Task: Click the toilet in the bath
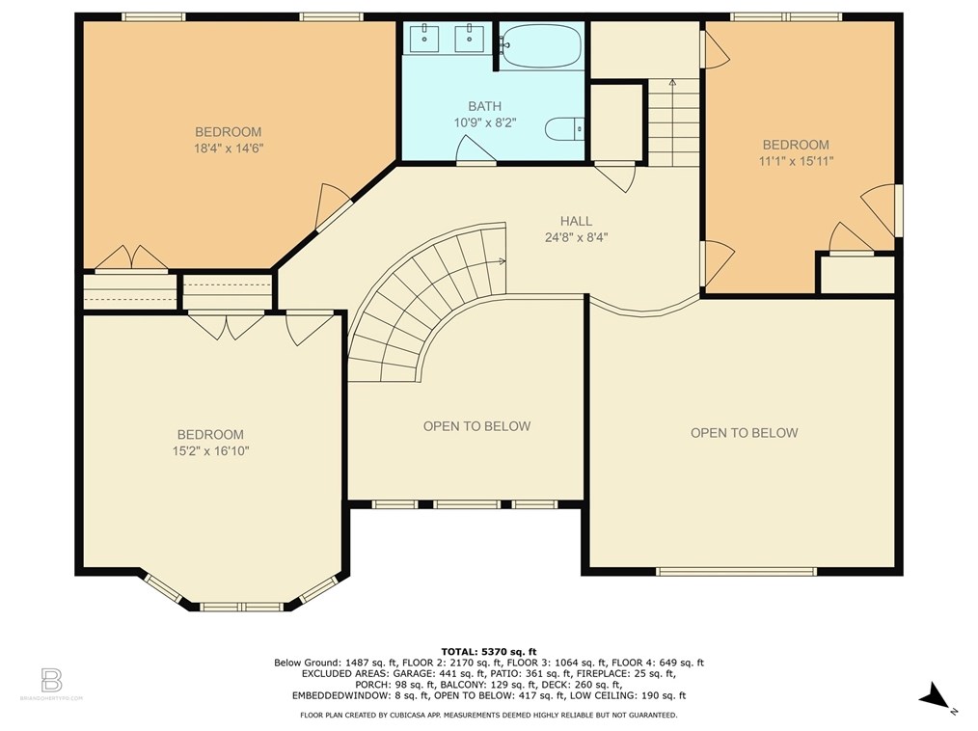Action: [565, 127]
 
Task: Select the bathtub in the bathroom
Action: [541, 45]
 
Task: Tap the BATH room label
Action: [484, 106]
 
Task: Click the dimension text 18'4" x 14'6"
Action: [228, 149]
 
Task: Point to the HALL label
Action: [576, 221]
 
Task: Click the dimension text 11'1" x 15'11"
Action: [795, 161]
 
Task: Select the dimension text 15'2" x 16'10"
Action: [209, 450]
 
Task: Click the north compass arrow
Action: [934, 694]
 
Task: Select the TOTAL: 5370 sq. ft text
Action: [488, 651]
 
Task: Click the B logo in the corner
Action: [52, 679]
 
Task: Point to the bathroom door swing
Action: [476, 149]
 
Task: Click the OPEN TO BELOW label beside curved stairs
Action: [476, 426]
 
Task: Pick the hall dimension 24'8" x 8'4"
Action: [576, 236]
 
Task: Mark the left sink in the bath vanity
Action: [425, 39]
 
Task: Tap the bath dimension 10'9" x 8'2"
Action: [484, 122]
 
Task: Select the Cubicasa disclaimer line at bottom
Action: [488, 716]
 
